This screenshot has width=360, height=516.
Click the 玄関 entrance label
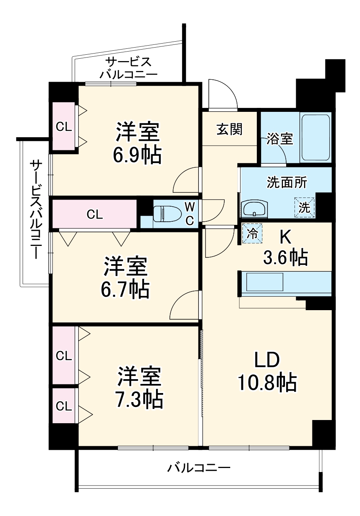[229, 129]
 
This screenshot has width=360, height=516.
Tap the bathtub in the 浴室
[316, 138]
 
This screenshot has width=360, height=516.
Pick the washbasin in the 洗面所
[254, 209]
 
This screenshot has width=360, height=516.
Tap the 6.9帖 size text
[137, 156]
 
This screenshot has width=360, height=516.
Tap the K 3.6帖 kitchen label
[285, 248]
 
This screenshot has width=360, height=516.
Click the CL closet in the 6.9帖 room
[64, 127]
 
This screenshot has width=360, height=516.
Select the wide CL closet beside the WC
[94, 214]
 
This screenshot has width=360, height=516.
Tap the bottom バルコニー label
[198, 468]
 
